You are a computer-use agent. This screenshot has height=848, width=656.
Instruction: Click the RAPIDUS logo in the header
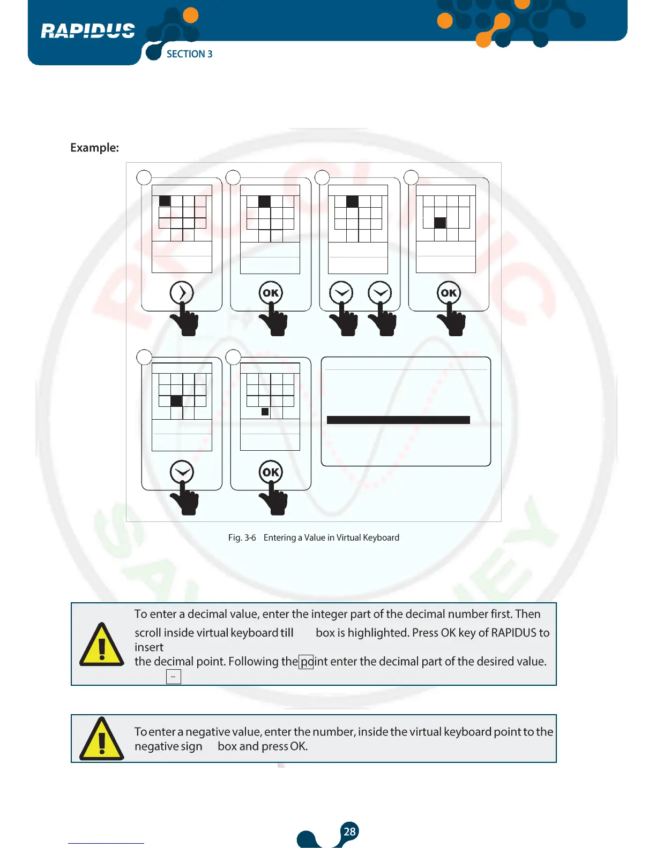[88, 31]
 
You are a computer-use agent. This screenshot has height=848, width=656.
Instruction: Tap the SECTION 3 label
[189, 54]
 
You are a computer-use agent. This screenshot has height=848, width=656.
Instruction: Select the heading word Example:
[94, 148]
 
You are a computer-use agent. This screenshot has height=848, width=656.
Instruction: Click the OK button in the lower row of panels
[271, 472]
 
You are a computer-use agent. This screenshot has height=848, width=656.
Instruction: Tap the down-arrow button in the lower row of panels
[182, 472]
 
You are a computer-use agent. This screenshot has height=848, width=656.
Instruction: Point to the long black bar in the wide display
[398, 420]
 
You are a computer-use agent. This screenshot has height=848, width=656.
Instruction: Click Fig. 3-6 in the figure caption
[242, 537]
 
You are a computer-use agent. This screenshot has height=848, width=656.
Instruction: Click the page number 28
[349, 831]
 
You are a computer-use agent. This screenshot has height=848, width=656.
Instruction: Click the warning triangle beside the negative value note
[102, 739]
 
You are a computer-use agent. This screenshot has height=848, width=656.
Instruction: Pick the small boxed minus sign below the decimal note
[174, 677]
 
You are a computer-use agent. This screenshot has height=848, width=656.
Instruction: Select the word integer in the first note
[329, 614]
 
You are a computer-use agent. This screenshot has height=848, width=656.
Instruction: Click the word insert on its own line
[149, 647]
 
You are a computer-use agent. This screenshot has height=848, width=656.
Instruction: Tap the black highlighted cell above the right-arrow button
[165, 201]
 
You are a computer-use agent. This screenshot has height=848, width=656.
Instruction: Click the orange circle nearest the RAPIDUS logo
[190, 16]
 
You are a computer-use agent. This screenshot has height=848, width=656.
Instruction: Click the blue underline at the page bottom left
[106, 843]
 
